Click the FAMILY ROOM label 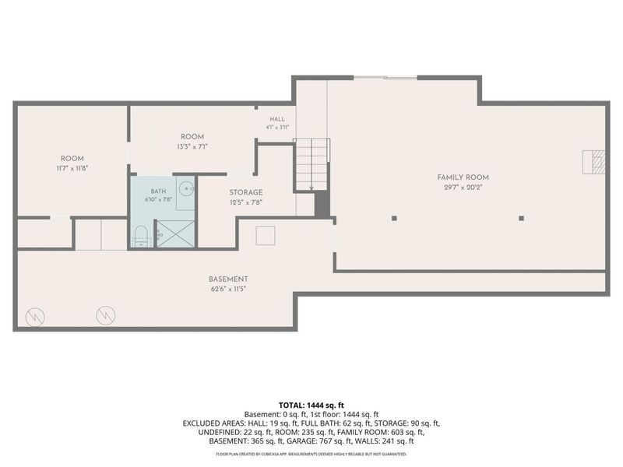(x=463, y=177)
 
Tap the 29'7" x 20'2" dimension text (x=463, y=188)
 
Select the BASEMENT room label (x=228, y=279)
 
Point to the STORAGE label (x=246, y=192)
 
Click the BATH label (x=158, y=191)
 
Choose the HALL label (x=277, y=119)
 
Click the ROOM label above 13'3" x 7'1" (x=192, y=137)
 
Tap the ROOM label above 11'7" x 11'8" (x=72, y=159)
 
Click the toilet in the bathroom (x=141, y=237)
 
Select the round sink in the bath (x=185, y=188)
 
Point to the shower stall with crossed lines (x=176, y=233)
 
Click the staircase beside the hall (x=312, y=164)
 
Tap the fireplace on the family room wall (x=593, y=162)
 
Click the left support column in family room (x=394, y=218)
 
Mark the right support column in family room (x=521, y=218)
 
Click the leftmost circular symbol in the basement (x=35, y=317)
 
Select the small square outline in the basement (x=266, y=236)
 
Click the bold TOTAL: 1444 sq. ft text (x=311, y=406)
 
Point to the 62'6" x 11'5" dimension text (x=228, y=289)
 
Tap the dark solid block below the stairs (x=322, y=205)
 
